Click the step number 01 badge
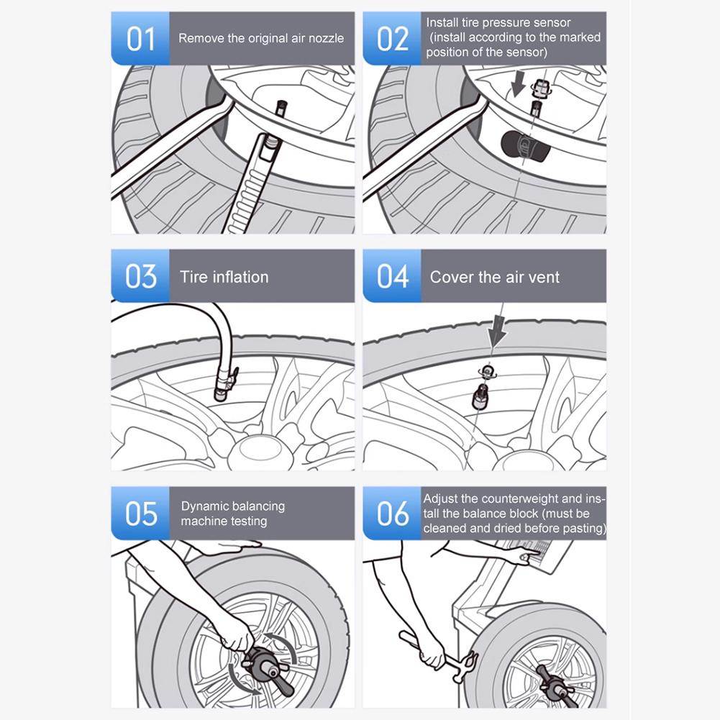click(140, 39)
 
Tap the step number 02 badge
click(392, 39)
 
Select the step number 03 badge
click(140, 276)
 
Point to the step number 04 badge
click(392, 276)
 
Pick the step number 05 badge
click(140, 514)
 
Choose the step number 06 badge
click(392, 514)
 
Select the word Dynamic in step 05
click(207, 506)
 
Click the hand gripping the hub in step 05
click(233, 634)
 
